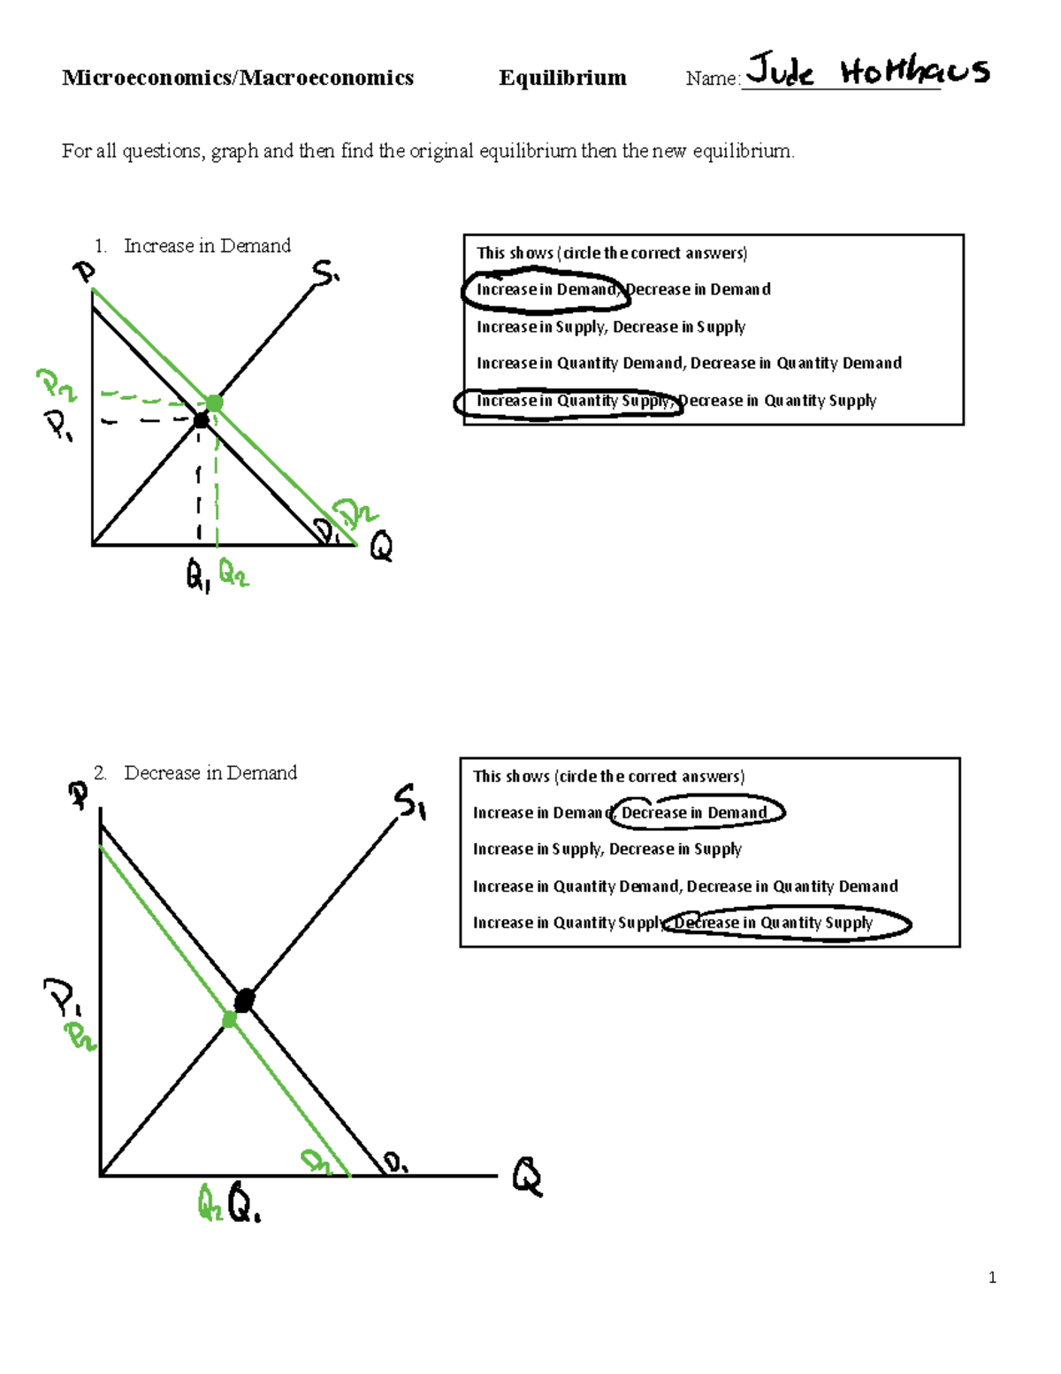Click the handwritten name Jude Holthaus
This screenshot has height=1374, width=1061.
click(866, 71)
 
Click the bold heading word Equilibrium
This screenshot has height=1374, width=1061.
click(562, 78)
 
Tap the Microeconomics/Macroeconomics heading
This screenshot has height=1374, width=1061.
click(238, 78)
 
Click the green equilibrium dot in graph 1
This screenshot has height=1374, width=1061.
click(214, 403)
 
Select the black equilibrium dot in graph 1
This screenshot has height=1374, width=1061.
click(201, 421)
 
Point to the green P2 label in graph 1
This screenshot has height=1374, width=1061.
click(55, 385)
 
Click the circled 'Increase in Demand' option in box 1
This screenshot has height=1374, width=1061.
click(546, 289)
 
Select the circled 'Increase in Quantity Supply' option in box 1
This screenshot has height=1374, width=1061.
click(571, 401)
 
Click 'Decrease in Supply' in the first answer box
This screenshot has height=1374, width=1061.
click(679, 326)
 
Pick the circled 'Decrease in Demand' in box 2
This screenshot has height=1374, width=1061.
click(695, 812)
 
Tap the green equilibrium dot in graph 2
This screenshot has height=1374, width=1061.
click(229, 1020)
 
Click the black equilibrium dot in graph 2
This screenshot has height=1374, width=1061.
click(244, 1001)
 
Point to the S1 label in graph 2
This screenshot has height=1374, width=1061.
click(410, 801)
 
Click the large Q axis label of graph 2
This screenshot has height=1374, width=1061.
click(527, 1178)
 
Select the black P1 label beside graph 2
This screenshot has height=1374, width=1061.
click(63, 998)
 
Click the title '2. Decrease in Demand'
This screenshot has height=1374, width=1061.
click(196, 772)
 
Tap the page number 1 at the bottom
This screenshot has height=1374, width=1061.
click(992, 1277)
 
